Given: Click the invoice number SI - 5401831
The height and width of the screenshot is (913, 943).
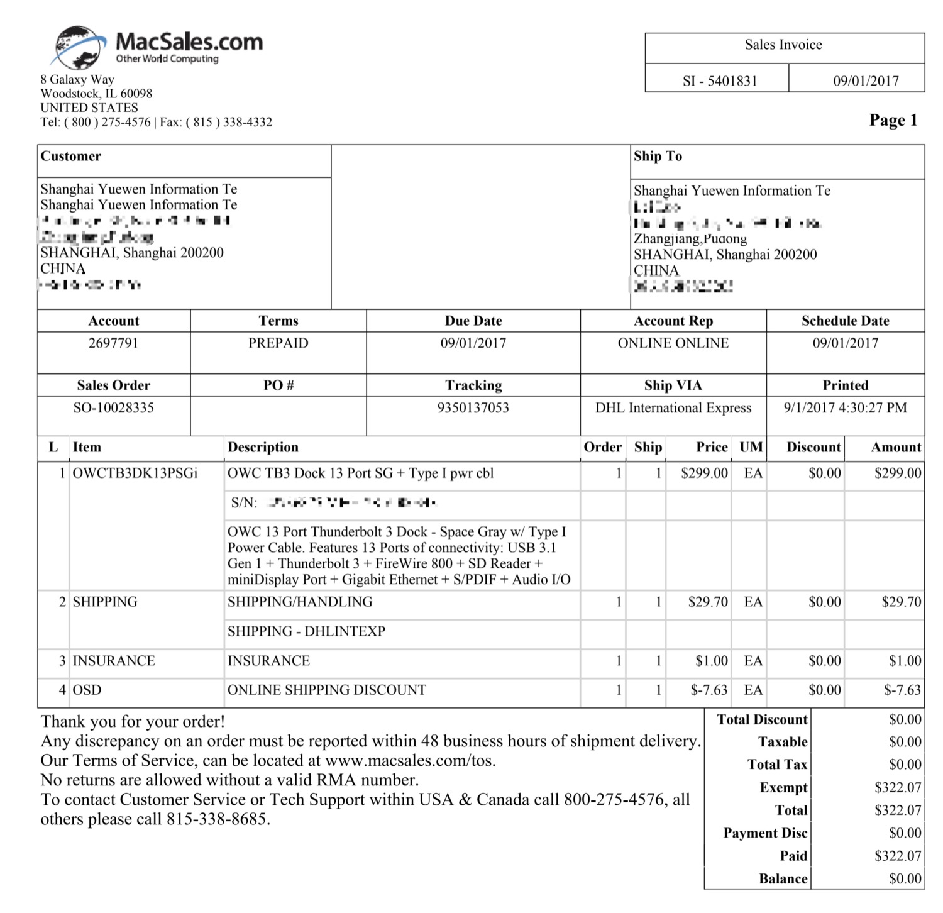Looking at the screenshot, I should point(719,80).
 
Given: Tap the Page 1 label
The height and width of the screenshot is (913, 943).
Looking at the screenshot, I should point(893,120).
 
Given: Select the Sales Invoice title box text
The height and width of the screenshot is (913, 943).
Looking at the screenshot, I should point(783,45).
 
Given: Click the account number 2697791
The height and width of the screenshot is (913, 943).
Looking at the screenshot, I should point(113,343).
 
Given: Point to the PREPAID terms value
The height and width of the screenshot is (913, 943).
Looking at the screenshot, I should point(278,343).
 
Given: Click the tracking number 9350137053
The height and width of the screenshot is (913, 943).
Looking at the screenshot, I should point(473,408).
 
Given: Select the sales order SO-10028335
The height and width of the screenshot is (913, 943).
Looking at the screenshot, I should point(113,408).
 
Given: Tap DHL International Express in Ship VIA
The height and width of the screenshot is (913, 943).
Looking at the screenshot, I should point(673,408).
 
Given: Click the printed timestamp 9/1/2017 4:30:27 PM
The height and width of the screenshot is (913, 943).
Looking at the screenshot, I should point(844,408).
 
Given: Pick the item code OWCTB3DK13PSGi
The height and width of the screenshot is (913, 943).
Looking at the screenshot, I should point(135,473).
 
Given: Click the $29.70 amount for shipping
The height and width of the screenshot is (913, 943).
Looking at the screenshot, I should point(901,602).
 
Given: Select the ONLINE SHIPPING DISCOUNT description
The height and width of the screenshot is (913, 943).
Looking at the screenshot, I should point(326,690).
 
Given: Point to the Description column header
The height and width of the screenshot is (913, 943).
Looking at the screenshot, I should point(263,447).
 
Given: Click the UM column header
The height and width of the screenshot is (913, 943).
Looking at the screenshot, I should point(751,447).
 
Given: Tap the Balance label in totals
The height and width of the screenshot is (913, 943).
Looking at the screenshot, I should point(783,878).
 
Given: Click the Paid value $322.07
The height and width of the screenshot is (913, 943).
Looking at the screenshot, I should point(897,856).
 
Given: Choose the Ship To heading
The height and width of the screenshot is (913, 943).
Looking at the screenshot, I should point(658,157).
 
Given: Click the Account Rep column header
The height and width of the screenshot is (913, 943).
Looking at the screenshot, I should point(673,321).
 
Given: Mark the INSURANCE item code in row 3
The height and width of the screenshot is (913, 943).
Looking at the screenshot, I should point(113,661).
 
